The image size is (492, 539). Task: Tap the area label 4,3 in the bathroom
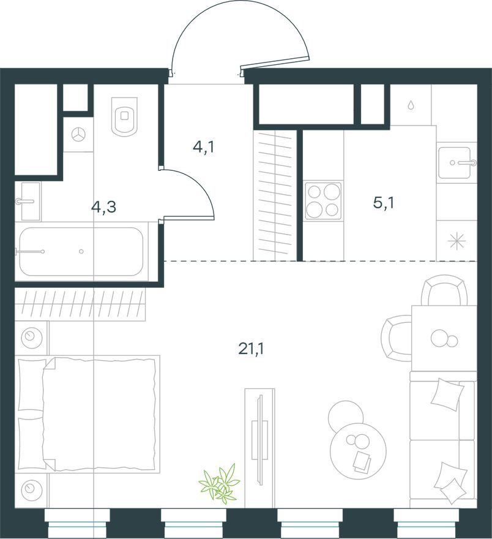[x=103, y=207]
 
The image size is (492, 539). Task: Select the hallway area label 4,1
[x=204, y=148]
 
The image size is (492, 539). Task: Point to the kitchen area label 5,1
[x=383, y=203]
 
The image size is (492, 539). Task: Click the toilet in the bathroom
[x=125, y=117]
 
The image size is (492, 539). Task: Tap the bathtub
[x=81, y=251]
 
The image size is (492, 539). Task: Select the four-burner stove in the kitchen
[x=324, y=201]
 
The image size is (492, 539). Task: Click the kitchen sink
[x=454, y=162]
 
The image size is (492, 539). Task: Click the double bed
[x=89, y=414]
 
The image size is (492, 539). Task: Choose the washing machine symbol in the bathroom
[x=78, y=135]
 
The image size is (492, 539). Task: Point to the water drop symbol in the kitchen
[x=411, y=105]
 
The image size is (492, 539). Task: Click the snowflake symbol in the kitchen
[x=457, y=241]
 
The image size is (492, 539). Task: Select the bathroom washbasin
[x=31, y=201]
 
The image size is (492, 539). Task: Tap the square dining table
[x=444, y=338]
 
